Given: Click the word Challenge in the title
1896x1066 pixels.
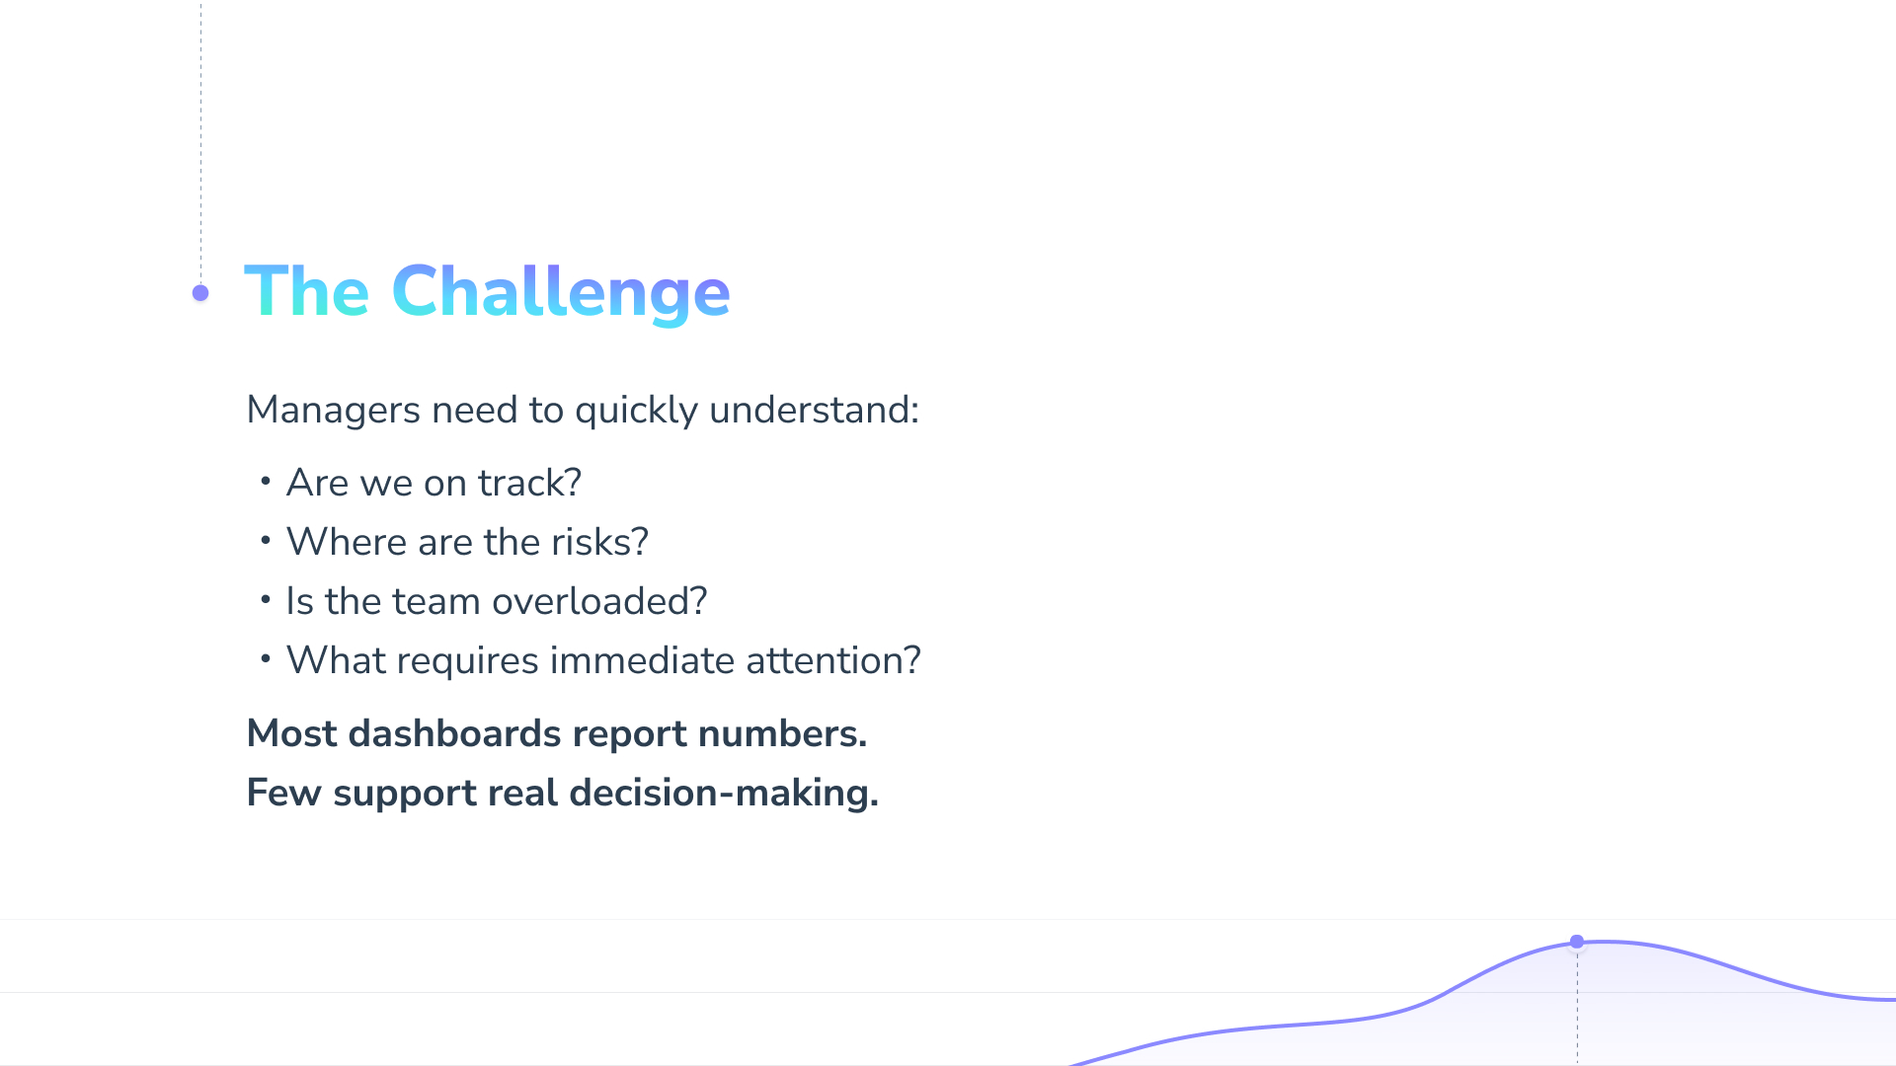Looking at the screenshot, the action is [x=561, y=293].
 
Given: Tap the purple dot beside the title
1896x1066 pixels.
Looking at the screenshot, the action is [x=200, y=293].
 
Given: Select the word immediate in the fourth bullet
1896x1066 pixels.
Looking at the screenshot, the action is [x=642, y=660].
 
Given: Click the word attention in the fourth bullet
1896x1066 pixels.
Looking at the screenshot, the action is [x=827, y=660].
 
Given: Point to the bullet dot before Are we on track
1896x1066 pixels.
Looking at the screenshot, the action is [x=266, y=482].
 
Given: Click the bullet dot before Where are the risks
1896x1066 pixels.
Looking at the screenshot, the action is [x=266, y=541].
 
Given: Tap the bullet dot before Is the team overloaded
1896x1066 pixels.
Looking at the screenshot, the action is [x=266, y=600].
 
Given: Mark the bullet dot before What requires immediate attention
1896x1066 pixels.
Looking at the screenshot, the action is [x=266, y=659].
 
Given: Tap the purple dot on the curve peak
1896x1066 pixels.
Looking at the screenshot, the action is [x=1577, y=942].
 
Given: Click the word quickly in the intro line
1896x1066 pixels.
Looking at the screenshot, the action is [x=637, y=411].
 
